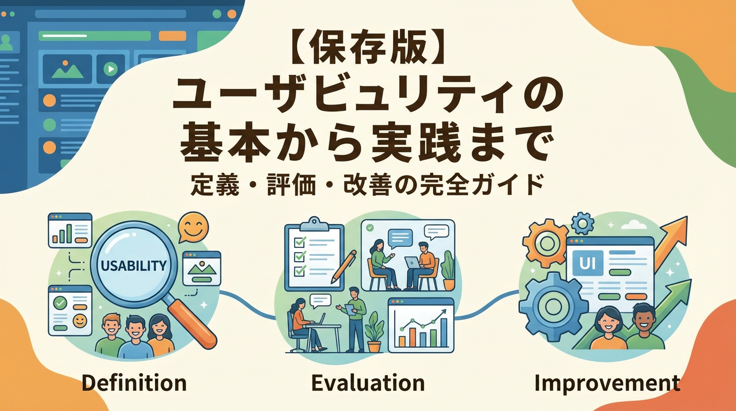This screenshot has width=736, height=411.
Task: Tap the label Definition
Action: [x=134, y=383]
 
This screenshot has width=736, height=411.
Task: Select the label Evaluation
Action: [x=367, y=383]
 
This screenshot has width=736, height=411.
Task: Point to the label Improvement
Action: [x=607, y=383]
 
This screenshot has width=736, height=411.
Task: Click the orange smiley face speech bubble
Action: [x=193, y=227]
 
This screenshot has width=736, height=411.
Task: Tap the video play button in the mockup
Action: [x=110, y=68]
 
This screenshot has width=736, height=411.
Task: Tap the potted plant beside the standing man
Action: [x=374, y=332]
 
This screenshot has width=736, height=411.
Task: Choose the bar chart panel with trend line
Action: [x=420, y=325]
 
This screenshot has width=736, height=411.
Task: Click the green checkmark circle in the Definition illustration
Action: [x=60, y=303]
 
